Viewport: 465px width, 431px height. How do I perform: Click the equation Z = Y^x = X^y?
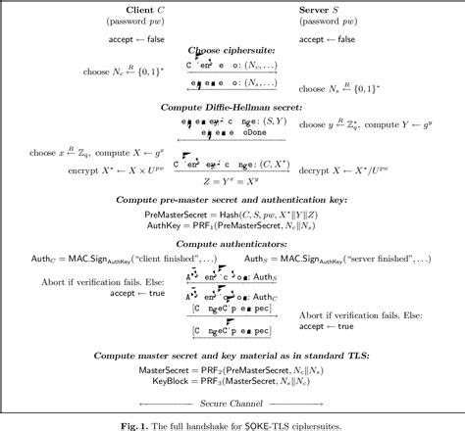232,182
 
